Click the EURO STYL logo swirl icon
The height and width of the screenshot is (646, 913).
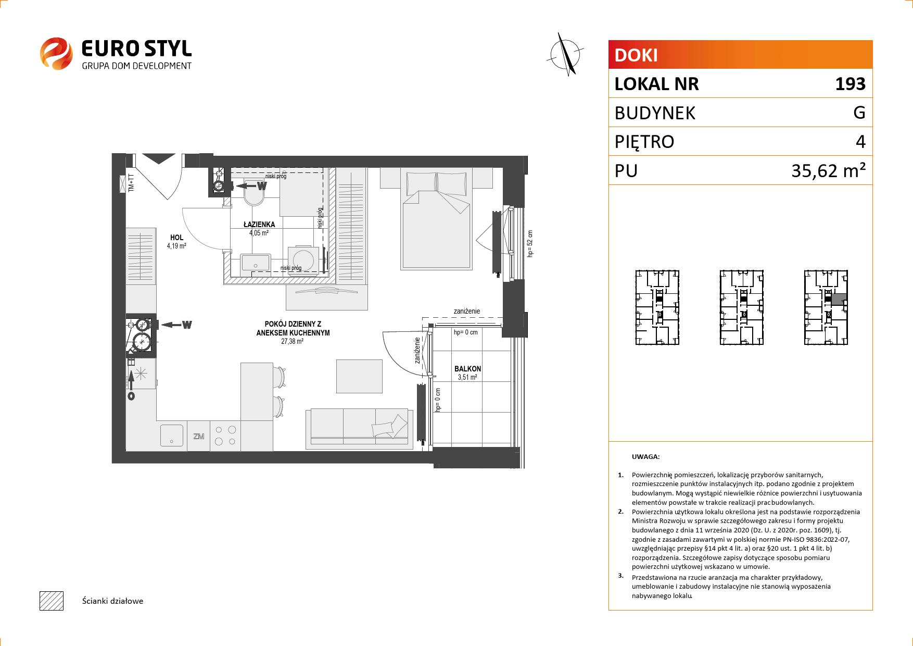(x=56, y=53)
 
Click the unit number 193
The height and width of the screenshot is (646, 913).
(x=850, y=84)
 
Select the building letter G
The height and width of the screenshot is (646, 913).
(x=859, y=113)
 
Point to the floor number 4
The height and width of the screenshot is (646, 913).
(x=860, y=142)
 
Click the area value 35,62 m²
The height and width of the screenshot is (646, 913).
(x=829, y=170)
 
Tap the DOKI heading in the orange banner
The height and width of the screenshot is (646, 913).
(x=636, y=55)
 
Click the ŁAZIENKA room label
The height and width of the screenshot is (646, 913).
(x=259, y=225)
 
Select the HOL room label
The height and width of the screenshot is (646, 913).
(x=176, y=238)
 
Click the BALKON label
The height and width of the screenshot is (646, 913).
(x=467, y=369)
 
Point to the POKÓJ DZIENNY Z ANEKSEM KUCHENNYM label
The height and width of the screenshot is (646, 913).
(x=293, y=329)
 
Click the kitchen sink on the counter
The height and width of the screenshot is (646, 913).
(x=172, y=436)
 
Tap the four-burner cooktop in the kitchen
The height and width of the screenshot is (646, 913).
(x=225, y=436)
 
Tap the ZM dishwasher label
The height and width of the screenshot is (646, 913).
(x=198, y=437)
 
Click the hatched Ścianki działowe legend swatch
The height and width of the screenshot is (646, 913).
(x=52, y=601)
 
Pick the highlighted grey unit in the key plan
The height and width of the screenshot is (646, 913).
(x=838, y=300)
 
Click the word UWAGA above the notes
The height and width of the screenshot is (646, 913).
(x=645, y=457)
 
